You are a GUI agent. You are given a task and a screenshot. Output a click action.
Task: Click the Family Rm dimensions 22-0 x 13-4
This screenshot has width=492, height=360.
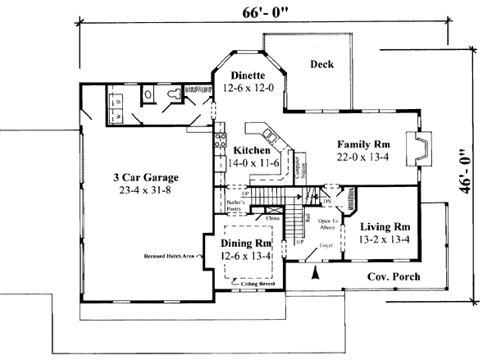[362, 155]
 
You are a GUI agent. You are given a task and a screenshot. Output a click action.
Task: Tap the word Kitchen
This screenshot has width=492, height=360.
[253, 151]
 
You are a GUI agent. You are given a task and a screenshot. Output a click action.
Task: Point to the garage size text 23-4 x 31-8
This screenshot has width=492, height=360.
[146, 190]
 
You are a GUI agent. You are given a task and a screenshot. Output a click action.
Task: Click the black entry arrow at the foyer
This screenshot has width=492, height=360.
[315, 276]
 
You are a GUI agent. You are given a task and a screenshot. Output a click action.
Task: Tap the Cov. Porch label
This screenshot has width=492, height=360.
[393, 277]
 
